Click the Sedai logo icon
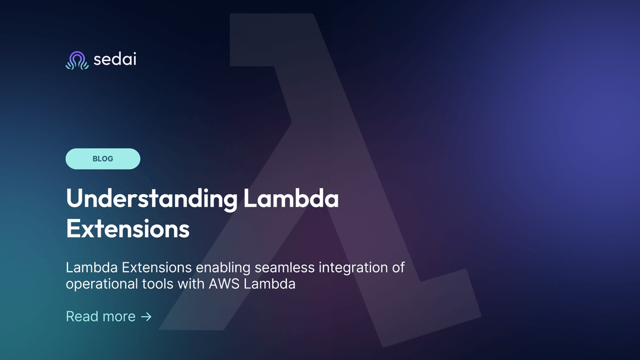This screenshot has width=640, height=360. coord(76,60)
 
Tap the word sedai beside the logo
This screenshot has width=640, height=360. coord(115,59)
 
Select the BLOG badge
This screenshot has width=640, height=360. coord(103,159)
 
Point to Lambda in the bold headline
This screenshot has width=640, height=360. coord(291,198)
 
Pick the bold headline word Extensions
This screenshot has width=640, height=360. coord(127,229)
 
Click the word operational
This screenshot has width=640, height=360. coord(99,284)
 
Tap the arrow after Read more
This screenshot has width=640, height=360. coord(146,317)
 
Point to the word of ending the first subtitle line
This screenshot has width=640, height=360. coord(398,268)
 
